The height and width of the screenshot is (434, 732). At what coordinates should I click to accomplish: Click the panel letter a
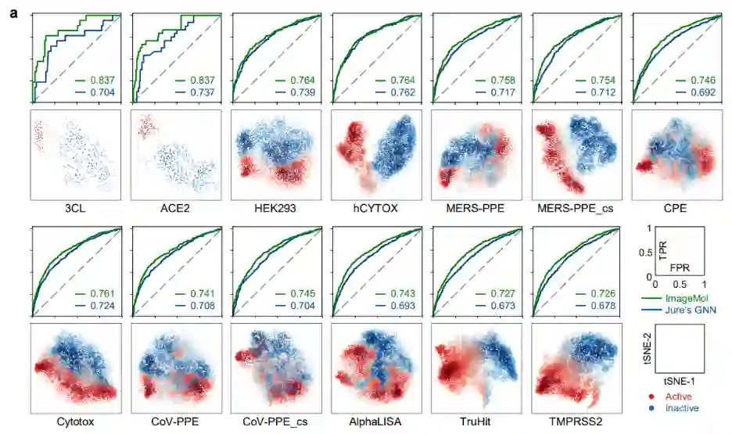(14, 13)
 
